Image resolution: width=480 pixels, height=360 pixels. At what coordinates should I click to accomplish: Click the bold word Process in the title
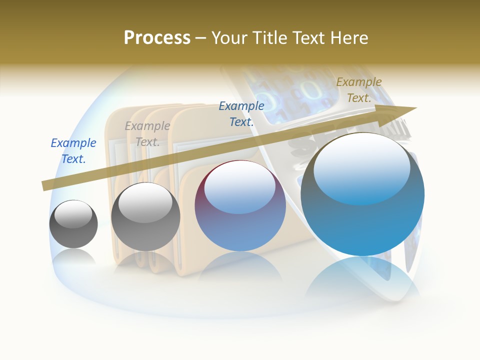pos(157,37)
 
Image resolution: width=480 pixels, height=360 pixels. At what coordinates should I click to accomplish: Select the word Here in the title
pos(348,37)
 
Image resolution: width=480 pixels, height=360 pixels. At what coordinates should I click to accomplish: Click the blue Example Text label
pos(73,150)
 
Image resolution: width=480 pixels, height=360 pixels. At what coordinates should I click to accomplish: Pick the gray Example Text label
pos(147,133)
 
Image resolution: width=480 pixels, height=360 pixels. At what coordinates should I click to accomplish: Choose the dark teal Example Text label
pos(241,113)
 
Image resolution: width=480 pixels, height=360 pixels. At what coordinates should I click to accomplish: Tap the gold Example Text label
pos(359,90)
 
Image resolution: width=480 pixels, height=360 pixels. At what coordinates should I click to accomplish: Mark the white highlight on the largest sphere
pos(361,167)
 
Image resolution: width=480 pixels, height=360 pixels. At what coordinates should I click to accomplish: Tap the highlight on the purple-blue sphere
pos(240,190)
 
